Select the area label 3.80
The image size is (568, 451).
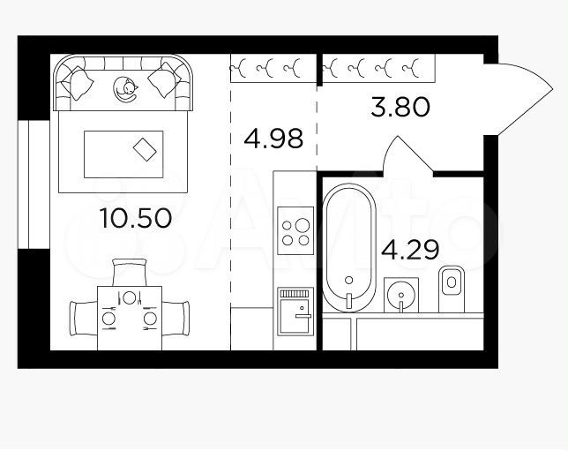(x=400, y=109)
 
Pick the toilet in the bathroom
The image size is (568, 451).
(x=452, y=287)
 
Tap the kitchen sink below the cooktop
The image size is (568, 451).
(x=295, y=311)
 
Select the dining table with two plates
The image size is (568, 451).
(x=130, y=317)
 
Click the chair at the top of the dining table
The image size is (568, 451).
(x=130, y=273)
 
